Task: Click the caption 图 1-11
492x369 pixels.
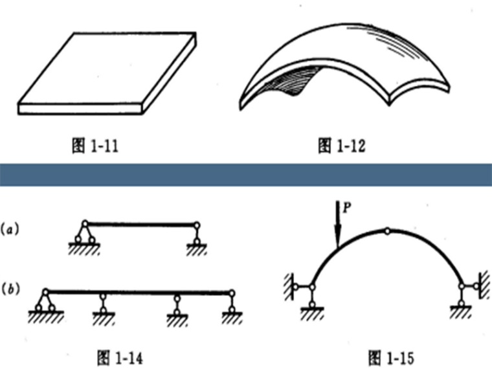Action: click(x=94, y=146)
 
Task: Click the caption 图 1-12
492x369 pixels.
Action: click(x=341, y=146)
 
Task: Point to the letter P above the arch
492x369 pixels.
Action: click(x=348, y=208)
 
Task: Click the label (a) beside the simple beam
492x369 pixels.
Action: click(x=12, y=227)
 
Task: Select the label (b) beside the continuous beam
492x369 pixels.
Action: click(x=12, y=287)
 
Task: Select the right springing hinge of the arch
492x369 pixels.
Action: click(x=461, y=287)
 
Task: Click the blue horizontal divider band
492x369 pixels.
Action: click(x=246, y=174)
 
